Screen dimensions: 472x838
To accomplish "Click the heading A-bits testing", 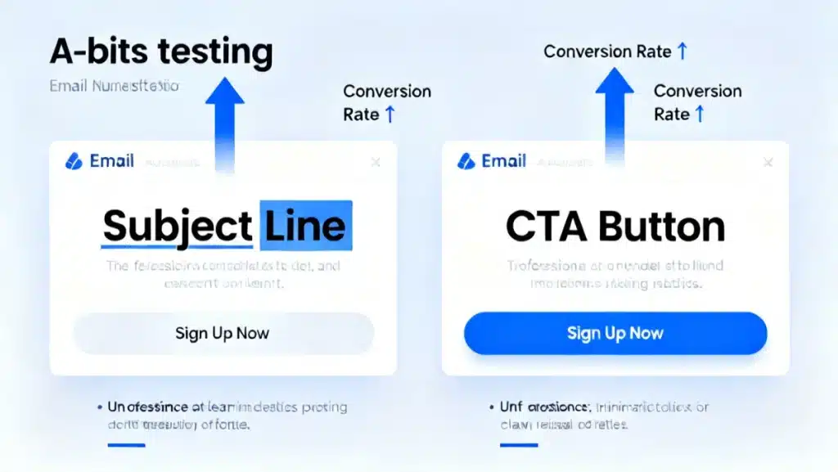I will tap(160, 52).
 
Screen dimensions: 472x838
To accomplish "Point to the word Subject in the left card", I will tap(177, 226).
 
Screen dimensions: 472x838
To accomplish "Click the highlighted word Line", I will tap(306, 226).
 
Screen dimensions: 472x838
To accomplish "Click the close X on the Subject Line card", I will tap(376, 162).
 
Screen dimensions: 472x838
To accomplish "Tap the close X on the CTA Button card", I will tap(768, 162).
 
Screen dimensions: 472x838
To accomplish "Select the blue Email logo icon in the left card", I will tap(74, 161).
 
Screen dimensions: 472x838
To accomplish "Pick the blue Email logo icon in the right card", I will tap(466, 161).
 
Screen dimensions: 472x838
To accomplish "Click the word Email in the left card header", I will tap(112, 161).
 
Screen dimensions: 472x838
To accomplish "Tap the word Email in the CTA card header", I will tap(504, 161).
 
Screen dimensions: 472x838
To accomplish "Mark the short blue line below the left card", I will tap(126, 445).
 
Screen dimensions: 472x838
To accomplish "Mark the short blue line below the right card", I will tap(519, 445).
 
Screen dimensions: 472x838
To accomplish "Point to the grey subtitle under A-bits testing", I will tap(114, 86).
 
